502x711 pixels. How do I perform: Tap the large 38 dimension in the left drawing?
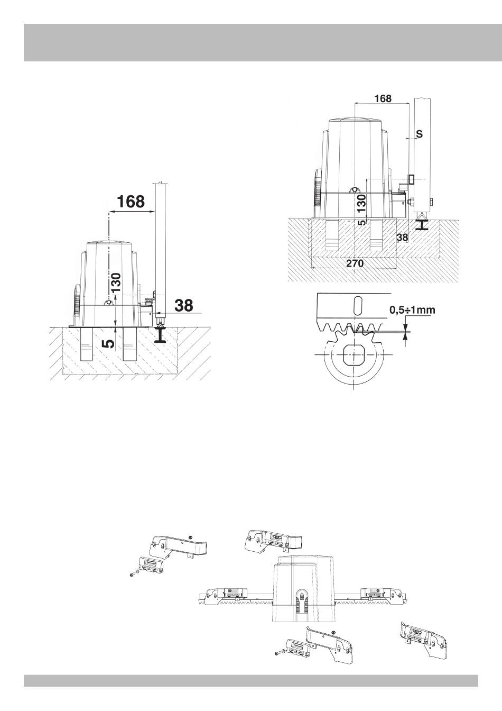[x=184, y=305]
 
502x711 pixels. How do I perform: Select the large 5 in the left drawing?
[x=109, y=343]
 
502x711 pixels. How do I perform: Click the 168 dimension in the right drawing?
[x=383, y=98]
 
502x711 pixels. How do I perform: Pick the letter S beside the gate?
[x=419, y=134]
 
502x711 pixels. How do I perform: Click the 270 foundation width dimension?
[x=355, y=263]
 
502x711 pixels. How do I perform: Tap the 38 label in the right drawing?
[x=403, y=237]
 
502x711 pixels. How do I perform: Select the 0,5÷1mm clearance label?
[x=412, y=310]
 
